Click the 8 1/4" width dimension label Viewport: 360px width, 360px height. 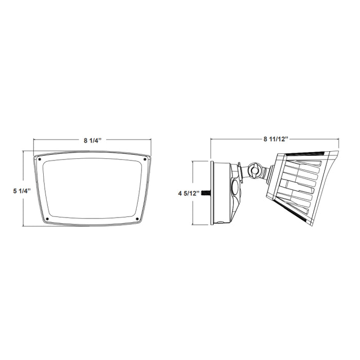click(93, 140)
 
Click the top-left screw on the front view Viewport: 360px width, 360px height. click(40, 160)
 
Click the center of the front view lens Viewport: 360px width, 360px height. click(93, 189)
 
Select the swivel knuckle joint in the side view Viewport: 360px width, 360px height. click(254, 170)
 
